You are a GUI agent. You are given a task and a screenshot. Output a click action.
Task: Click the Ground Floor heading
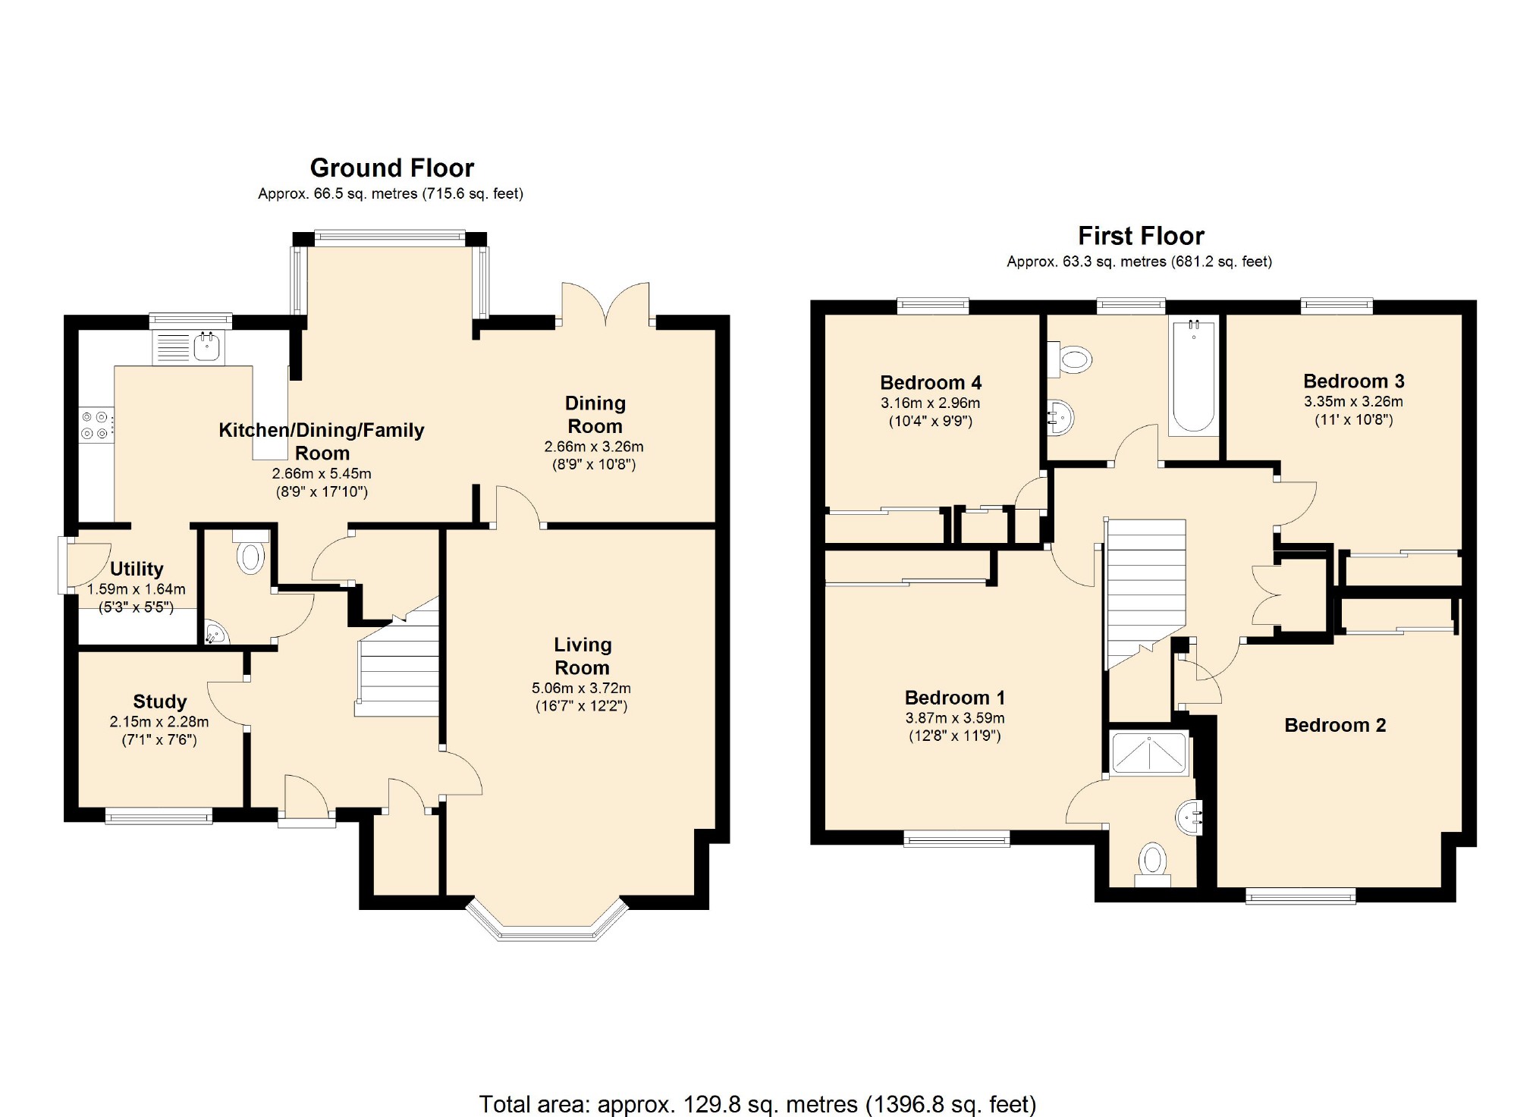point(392,168)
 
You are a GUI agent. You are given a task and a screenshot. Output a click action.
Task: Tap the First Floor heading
point(1141,236)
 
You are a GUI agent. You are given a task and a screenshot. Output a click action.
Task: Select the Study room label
point(159,701)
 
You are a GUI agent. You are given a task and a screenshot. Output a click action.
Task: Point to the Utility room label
point(137,569)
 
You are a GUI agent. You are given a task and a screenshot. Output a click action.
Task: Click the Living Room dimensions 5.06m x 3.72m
point(581,689)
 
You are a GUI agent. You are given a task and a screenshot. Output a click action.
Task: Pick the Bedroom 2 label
point(1335,725)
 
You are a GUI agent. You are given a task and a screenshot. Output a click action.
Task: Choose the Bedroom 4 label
point(931,382)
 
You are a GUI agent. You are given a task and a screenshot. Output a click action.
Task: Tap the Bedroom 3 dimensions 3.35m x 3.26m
point(1353,402)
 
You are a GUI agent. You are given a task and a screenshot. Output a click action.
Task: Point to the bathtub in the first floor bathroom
point(1193,376)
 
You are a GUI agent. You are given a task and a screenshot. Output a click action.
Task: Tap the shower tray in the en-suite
point(1150,753)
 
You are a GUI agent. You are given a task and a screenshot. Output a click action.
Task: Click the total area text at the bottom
point(757,1103)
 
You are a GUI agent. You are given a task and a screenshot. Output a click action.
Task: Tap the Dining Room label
point(595,415)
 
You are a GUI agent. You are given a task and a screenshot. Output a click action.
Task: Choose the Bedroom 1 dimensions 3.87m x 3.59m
point(955,718)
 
